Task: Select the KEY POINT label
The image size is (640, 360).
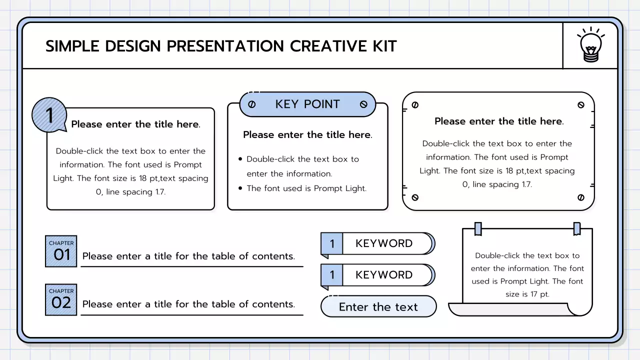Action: [x=307, y=104]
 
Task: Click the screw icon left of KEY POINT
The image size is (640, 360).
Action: [x=252, y=104]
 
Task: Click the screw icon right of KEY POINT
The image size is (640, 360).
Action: [x=363, y=104]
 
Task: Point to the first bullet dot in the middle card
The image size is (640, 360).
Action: [x=240, y=159]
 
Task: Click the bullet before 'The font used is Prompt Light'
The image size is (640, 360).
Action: [x=240, y=188]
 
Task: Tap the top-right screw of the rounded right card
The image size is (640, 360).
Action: [x=580, y=105]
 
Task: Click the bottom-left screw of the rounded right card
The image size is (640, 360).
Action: [x=415, y=197]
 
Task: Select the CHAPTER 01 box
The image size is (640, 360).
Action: [x=61, y=251]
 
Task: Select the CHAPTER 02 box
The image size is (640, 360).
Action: [x=61, y=299]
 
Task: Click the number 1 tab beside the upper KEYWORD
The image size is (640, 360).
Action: [x=331, y=244]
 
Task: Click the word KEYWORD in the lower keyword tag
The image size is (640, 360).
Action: [x=384, y=275]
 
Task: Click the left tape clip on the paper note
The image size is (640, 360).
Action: [x=478, y=229]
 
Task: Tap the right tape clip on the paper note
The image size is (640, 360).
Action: [x=577, y=229]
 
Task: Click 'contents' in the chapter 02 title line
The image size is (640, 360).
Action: [x=273, y=304]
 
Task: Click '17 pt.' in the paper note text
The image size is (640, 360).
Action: [x=535, y=294]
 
